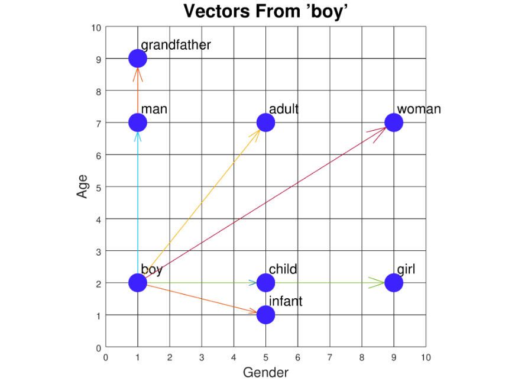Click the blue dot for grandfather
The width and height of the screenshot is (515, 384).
[138, 59]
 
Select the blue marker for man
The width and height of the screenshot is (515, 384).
[138, 122]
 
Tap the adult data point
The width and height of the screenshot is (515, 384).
[265, 122]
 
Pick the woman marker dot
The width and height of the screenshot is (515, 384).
[394, 122]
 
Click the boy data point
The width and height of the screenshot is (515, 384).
[138, 283]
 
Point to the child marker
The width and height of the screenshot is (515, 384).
[265, 283]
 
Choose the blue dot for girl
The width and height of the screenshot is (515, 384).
[394, 283]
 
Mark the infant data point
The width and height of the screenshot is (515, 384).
[265, 315]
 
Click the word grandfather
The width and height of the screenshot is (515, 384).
[176, 46]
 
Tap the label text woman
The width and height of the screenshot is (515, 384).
[419, 109]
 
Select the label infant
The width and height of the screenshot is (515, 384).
[286, 301]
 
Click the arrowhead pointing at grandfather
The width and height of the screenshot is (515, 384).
[138, 75]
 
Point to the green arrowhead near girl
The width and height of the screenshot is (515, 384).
[377, 283]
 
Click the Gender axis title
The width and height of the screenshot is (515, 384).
[265, 373]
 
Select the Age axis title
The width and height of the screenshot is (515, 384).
[82, 186]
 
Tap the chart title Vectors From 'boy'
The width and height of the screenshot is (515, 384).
[265, 11]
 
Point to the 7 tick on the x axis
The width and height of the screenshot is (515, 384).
[330, 357]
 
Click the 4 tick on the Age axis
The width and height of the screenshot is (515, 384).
[99, 220]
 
